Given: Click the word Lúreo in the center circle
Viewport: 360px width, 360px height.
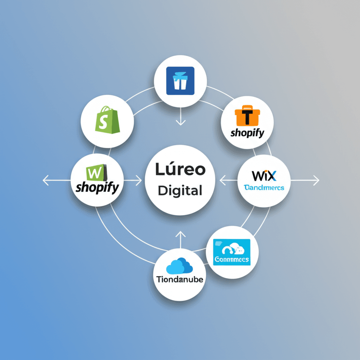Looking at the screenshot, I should pyautogui.click(x=180, y=169).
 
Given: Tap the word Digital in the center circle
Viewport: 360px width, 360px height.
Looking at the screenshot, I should pyautogui.click(x=180, y=191).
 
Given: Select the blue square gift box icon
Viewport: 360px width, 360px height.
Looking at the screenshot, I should pyautogui.click(x=180, y=81).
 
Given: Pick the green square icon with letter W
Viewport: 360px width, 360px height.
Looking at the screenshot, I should pyautogui.click(x=96, y=173).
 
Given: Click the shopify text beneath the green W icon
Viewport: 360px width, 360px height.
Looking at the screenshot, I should pyautogui.click(x=97, y=187).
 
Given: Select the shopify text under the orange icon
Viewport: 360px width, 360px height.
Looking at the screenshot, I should pyautogui.click(x=247, y=134).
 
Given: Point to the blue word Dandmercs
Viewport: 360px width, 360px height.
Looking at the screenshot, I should pyautogui.click(x=264, y=188).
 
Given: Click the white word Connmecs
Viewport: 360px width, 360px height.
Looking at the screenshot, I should pyautogui.click(x=232, y=260).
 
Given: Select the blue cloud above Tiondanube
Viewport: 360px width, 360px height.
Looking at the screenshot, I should pyautogui.click(x=179, y=266).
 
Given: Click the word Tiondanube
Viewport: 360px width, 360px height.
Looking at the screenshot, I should pyautogui.click(x=180, y=280).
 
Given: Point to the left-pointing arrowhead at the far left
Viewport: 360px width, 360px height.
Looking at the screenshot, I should pyautogui.click(x=45, y=181).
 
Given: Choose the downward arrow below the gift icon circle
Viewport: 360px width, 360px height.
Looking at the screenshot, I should pyautogui.click(x=181, y=123).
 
